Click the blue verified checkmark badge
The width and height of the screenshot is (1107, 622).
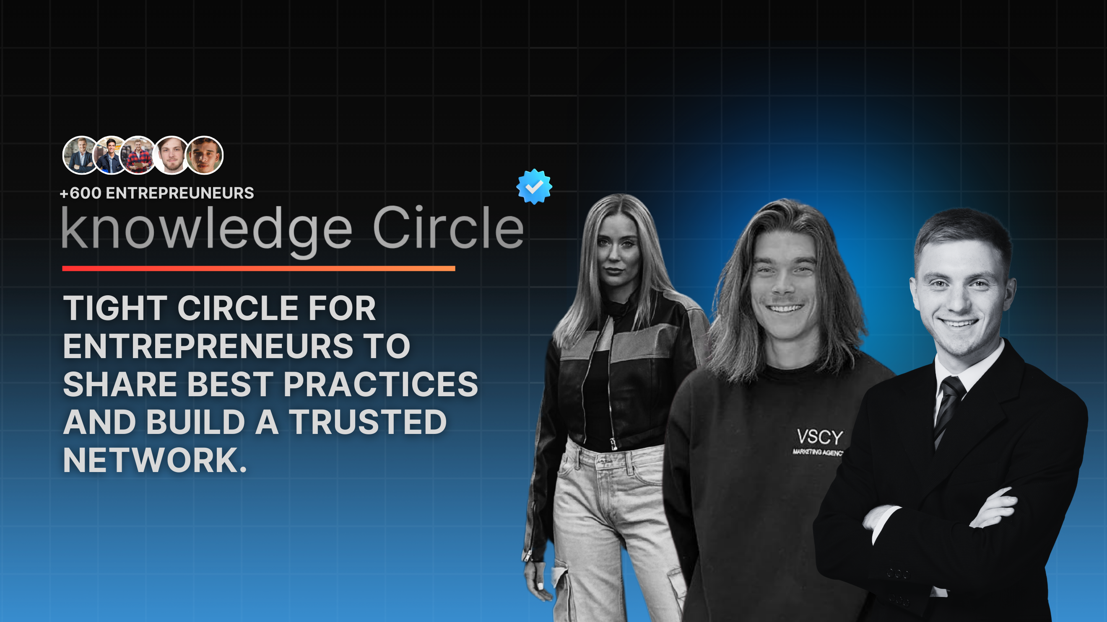534,186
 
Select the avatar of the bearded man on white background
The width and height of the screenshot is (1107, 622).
171,155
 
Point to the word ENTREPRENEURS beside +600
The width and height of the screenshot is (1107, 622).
180,193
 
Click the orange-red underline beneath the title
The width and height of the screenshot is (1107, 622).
259,269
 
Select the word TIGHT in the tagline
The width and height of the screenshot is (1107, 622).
115,308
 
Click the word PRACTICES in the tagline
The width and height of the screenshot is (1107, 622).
381,384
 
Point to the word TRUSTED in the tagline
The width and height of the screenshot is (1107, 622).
368,422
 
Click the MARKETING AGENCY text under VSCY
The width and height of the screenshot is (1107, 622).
818,452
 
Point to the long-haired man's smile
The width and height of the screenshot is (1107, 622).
785,308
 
